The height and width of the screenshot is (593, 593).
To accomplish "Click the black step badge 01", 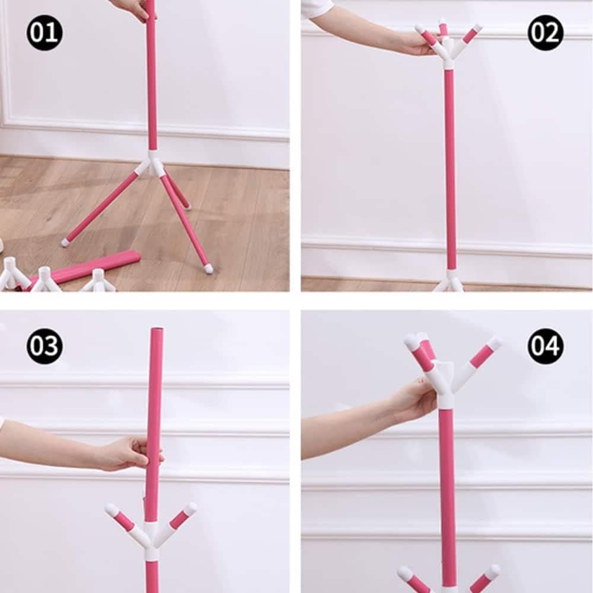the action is tap(44, 33).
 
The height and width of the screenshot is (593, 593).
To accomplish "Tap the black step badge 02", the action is tap(546, 33).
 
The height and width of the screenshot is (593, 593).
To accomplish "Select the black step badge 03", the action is tap(44, 346).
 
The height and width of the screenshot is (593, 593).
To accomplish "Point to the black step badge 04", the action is tap(546, 346).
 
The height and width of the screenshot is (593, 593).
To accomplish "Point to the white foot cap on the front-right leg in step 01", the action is tap(208, 269).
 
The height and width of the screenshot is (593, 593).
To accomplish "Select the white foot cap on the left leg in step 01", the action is tap(65, 242).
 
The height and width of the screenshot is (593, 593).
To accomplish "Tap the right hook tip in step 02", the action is tap(477, 27).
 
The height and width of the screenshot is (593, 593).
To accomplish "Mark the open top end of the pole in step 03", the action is tap(157, 330).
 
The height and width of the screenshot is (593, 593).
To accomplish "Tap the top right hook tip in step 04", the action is tap(495, 343).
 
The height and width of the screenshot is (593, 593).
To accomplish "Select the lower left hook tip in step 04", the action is tap(404, 572).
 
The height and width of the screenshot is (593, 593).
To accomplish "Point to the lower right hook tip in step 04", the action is tap(493, 571).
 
